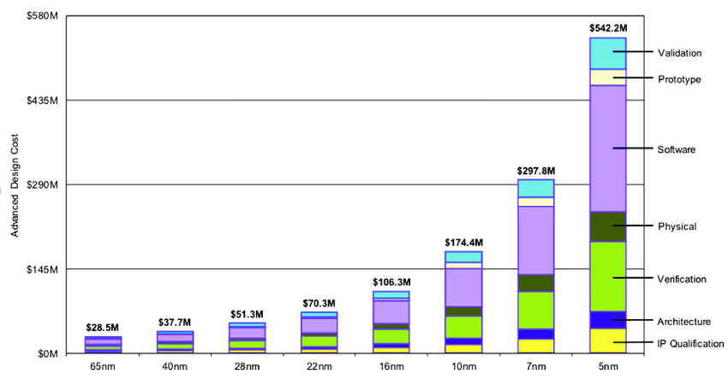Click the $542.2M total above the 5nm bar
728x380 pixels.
pos(607,28)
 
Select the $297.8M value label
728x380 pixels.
pos(535,171)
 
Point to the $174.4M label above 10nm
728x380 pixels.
pos(463,243)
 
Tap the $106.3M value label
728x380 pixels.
pos(391,282)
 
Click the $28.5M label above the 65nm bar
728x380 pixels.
pos(103,328)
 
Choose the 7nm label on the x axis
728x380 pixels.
pos(535,366)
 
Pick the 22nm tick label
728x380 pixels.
pos(319,366)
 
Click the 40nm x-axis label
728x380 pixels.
pos(175,366)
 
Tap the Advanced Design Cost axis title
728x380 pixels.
pos(15,184)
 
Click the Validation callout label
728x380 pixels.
pos(680,53)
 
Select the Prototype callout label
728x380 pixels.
pos(679,80)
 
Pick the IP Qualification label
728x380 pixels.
pos(691,344)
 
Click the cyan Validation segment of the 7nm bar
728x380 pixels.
pos(535,189)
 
